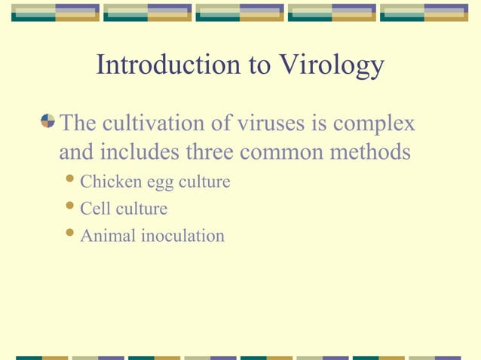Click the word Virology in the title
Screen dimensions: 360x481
click(331, 66)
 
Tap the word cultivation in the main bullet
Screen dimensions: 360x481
click(151, 122)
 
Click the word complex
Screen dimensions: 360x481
click(375, 122)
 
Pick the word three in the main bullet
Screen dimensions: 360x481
click(211, 152)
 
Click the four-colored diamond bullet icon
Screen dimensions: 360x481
click(47, 121)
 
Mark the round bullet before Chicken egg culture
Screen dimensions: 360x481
click(70, 181)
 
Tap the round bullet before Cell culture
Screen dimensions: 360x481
click(70, 208)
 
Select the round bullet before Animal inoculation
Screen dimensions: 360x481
click(70, 235)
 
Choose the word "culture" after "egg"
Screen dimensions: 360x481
click(203, 182)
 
